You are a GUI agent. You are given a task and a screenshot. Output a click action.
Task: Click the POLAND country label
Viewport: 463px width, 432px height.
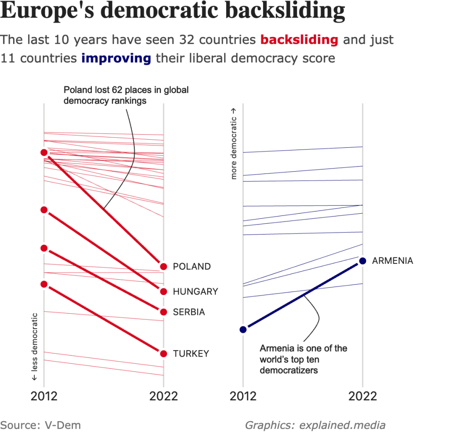(x=192, y=267)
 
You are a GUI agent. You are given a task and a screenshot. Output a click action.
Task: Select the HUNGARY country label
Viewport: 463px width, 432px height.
(x=195, y=291)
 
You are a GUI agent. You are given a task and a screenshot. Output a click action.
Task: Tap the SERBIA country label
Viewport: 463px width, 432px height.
(x=189, y=312)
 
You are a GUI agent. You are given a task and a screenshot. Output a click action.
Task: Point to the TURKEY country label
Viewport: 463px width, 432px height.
(x=191, y=353)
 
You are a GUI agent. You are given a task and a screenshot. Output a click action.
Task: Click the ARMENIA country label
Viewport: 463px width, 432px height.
(x=392, y=261)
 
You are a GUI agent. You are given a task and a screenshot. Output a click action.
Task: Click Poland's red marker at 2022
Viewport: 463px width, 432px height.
(x=164, y=267)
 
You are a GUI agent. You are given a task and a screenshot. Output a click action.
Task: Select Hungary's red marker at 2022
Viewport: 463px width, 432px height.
(x=164, y=291)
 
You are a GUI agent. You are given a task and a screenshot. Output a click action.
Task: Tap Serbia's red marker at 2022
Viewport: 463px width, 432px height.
(x=164, y=312)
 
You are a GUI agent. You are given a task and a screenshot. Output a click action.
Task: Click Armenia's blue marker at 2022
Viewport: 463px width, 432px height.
(x=362, y=261)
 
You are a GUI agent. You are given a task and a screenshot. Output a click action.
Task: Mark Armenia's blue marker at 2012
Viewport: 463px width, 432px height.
(x=243, y=329)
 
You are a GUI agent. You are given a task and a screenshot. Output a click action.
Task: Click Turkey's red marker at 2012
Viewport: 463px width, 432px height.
(x=44, y=284)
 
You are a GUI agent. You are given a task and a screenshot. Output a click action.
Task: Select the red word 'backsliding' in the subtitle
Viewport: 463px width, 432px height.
(x=299, y=40)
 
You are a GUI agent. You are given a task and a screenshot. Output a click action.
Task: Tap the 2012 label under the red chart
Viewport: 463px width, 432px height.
(x=44, y=396)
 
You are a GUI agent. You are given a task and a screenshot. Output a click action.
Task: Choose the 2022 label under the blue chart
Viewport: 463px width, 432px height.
(x=363, y=396)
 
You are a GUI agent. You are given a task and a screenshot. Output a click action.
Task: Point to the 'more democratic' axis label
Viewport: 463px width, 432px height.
(x=234, y=143)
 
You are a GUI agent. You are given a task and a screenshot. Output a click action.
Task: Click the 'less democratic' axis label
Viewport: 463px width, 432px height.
(x=34, y=346)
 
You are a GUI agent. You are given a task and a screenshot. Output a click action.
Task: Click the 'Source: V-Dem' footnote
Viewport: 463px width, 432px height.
(x=41, y=425)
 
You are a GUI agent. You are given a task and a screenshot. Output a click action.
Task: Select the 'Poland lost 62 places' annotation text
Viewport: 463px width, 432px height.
(x=126, y=95)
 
